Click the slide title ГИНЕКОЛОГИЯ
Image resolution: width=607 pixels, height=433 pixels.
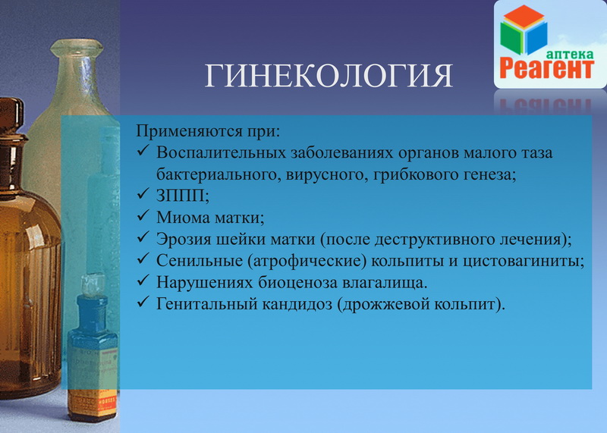[329, 75]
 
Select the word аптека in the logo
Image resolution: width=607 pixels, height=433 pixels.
[569, 53]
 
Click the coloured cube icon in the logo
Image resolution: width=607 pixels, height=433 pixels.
[524, 30]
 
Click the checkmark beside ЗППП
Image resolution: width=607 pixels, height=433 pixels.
[143, 193]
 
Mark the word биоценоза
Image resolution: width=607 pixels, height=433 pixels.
[298, 283]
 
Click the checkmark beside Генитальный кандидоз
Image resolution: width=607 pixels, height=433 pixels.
[143, 302]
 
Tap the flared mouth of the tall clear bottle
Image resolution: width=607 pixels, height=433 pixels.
[77, 47]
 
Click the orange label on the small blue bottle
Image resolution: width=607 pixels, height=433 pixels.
[93, 403]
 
